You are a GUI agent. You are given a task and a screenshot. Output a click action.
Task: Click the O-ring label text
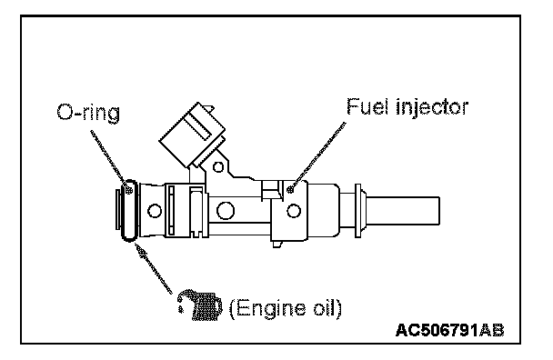point(88,114)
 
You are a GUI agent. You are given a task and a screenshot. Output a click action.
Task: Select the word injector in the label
point(432,107)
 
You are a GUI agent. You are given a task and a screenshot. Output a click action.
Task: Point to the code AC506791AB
point(450,330)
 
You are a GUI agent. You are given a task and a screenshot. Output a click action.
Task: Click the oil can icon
point(199,305)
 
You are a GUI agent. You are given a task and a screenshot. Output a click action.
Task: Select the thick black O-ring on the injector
point(129,211)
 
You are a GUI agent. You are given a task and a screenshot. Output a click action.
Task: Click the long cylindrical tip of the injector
point(403,211)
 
